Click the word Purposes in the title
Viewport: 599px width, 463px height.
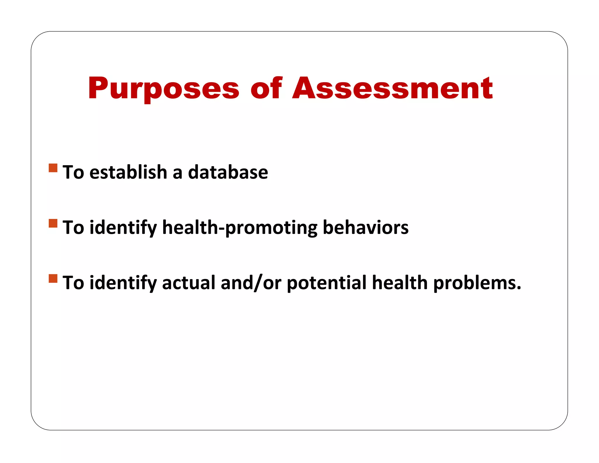[x=163, y=88]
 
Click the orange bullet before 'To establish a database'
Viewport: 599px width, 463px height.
[x=53, y=168]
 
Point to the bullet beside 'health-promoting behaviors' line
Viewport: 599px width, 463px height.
[x=53, y=223]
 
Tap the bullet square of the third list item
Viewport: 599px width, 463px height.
[x=53, y=278]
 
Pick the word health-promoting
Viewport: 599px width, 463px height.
[x=240, y=227]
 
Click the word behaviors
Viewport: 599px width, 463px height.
[x=365, y=227]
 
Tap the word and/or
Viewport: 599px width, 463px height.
[x=251, y=283]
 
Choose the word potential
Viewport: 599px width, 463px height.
[x=326, y=283]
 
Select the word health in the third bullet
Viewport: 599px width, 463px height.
[x=400, y=283]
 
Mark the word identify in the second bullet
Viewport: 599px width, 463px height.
[x=123, y=227]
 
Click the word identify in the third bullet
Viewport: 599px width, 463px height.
[x=123, y=283]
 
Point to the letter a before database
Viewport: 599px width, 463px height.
[x=177, y=173]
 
